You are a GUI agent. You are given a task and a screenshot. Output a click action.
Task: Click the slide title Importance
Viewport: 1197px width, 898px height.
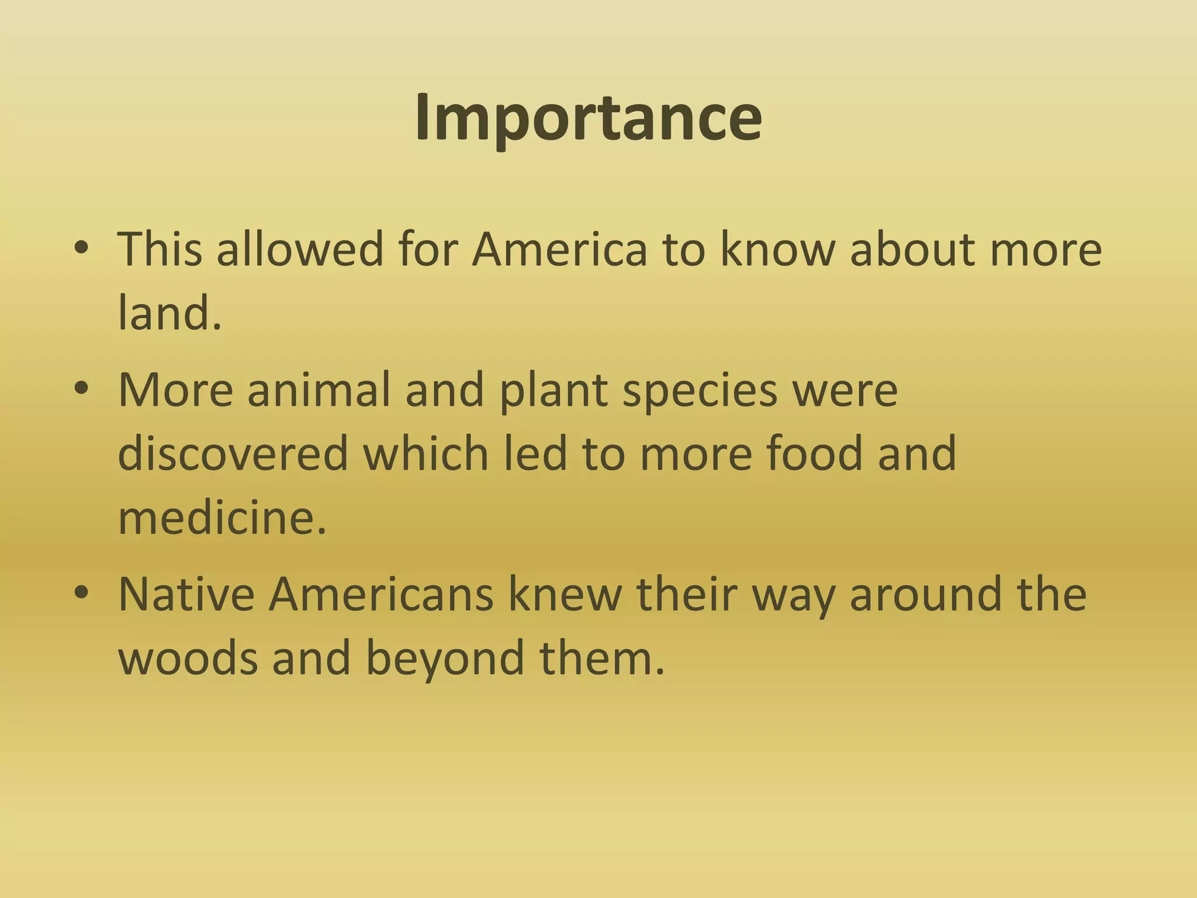[x=589, y=118]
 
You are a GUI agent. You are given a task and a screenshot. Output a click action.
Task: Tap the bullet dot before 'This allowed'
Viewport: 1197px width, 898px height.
[x=81, y=248]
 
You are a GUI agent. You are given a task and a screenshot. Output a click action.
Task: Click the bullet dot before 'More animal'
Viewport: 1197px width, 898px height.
[x=81, y=389]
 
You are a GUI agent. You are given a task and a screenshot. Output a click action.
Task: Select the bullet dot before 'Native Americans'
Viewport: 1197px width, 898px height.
[x=81, y=593]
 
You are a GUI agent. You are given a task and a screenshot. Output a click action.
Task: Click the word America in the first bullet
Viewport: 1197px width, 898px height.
[x=559, y=250]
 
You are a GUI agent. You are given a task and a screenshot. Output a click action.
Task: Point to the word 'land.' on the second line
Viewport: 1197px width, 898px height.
[x=169, y=313]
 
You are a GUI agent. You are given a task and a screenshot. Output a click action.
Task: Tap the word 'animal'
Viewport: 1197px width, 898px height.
[x=318, y=390]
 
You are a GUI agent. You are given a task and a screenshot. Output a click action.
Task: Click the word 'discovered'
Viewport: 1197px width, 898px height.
[x=233, y=453]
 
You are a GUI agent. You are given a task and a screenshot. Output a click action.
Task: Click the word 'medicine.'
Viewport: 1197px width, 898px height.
[x=222, y=517]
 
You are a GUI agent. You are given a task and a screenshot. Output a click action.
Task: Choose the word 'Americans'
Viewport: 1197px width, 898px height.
[x=381, y=595]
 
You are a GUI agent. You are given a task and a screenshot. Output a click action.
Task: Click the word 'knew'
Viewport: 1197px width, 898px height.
[x=565, y=595]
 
